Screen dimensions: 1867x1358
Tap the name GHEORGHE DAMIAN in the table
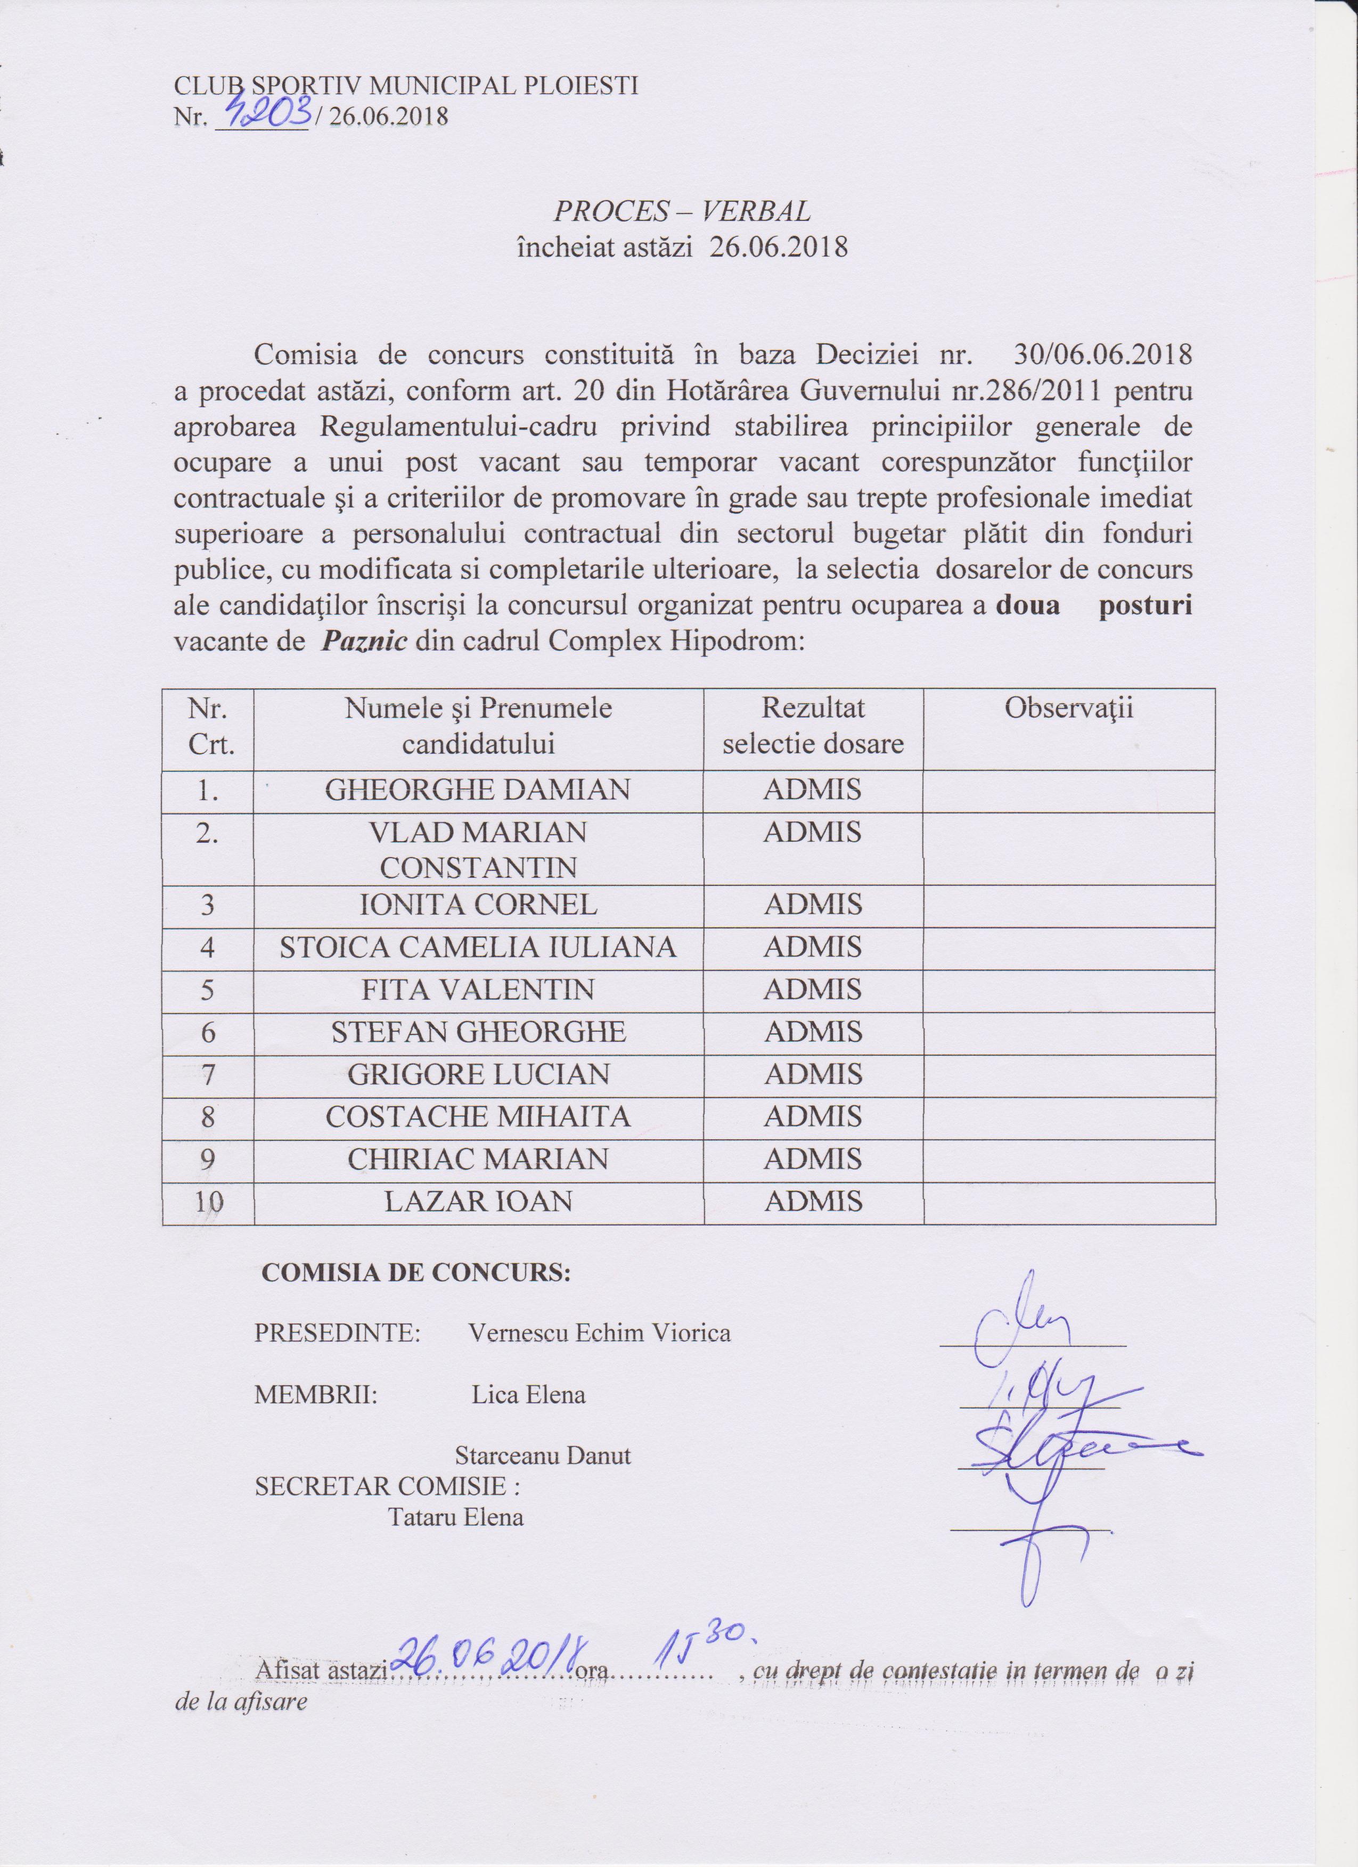pyautogui.click(x=478, y=790)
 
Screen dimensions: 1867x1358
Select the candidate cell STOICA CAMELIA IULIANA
pyautogui.click(x=478, y=948)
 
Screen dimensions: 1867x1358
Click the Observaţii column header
pyautogui.click(x=1068, y=709)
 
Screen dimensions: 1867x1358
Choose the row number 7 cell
pyautogui.click(x=208, y=1074)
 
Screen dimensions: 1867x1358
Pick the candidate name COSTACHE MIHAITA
pyautogui.click(x=478, y=1116)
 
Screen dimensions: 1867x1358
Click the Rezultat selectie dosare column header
pyautogui.click(x=813, y=726)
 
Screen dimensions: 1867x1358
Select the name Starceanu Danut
pyautogui.click(x=543, y=1456)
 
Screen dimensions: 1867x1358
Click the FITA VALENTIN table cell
pyautogui.click(x=478, y=990)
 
